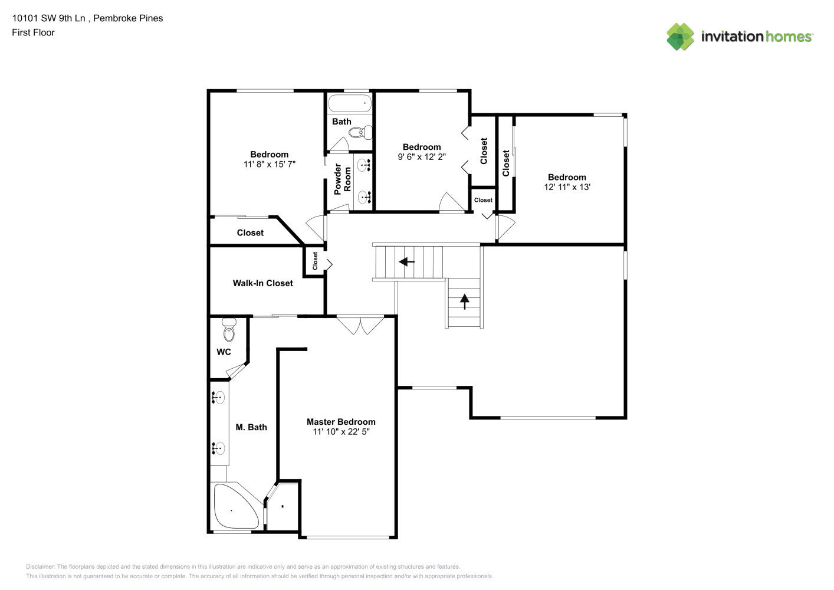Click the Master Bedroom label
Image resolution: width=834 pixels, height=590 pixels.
click(341, 422)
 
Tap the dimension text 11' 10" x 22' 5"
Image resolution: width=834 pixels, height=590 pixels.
click(341, 432)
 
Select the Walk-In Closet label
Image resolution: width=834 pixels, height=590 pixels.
click(262, 283)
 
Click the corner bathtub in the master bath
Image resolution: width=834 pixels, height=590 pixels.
click(234, 507)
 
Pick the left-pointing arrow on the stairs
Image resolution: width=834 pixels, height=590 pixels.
click(407, 261)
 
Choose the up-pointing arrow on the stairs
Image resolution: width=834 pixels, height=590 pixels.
click(465, 301)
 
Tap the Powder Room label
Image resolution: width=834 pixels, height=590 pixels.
click(343, 179)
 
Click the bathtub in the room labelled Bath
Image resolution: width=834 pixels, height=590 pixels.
click(350, 103)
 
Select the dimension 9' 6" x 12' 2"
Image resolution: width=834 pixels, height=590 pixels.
click(422, 157)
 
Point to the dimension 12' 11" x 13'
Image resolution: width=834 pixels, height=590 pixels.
click(567, 187)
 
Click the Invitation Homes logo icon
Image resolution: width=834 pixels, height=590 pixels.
click(681, 37)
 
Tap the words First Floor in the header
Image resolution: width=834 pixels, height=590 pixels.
click(33, 32)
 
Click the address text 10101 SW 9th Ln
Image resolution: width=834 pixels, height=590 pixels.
click(49, 18)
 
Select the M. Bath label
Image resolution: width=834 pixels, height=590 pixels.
click(251, 427)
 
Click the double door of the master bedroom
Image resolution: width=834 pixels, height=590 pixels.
click(360, 325)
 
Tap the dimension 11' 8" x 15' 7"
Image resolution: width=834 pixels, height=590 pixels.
click(270, 165)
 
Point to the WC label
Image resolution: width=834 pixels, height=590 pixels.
click(224, 352)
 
